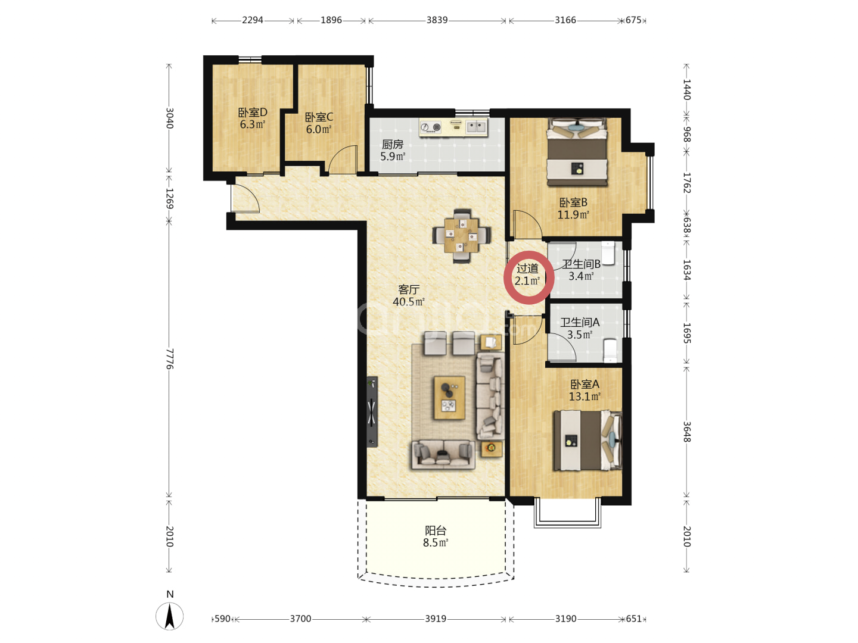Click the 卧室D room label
click(252, 113)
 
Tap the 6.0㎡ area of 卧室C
click(319, 129)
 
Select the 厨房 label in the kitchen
click(392, 145)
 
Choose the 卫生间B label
click(580, 264)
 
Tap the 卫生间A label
click(580, 323)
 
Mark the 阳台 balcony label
click(436, 530)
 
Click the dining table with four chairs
click(461, 236)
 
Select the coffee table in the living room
click(449, 398)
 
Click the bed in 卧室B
click(577, 152)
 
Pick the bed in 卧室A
click(587, 441)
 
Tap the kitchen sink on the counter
click(476, 126)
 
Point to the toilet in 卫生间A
click(610, 351)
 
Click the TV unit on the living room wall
click(372, 411)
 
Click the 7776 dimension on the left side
click(169, 359)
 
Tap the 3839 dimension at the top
click(437, 20)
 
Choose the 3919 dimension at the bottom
click(436, 619)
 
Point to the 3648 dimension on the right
click(687, 432)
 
